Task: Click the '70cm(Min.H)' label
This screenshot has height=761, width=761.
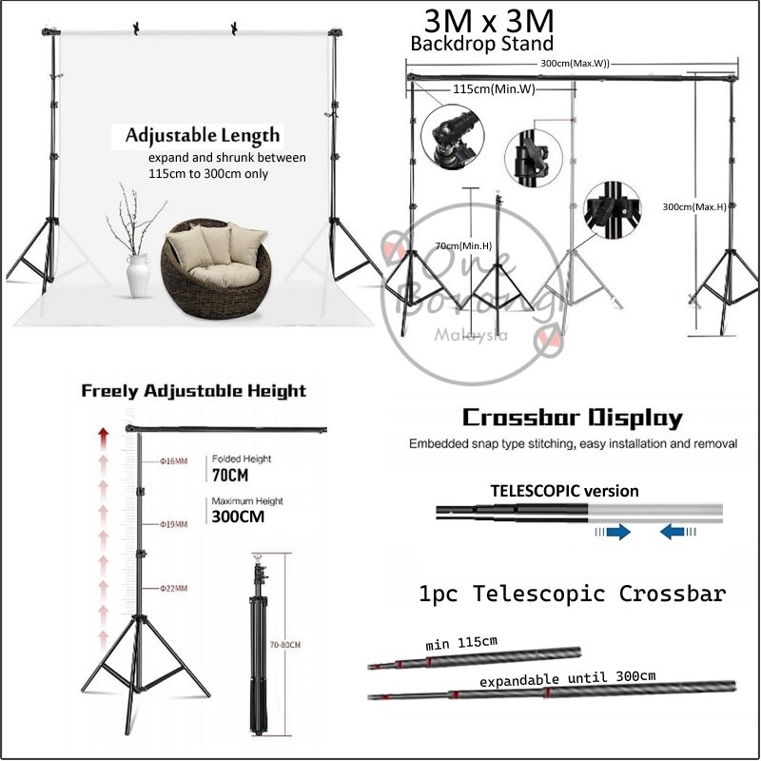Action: click(463, 245)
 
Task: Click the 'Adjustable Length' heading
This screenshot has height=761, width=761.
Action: click(203, 135)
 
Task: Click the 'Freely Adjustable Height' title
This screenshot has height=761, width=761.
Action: click(193, 391)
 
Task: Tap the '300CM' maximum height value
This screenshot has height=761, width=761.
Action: click(238, 517)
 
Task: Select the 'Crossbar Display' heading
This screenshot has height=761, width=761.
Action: click(572, 418)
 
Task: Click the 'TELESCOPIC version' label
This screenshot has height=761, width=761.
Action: click(564, 491)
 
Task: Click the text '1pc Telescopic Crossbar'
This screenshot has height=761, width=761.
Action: click(572, 594)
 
